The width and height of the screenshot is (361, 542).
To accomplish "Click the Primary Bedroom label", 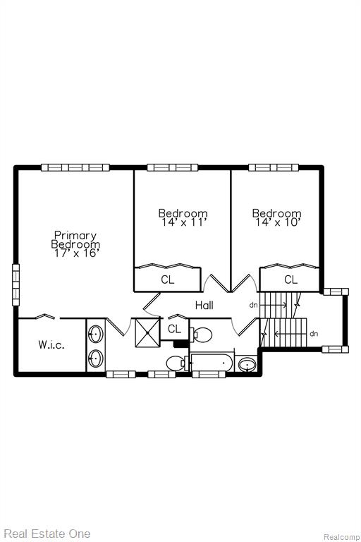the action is coord(75,240).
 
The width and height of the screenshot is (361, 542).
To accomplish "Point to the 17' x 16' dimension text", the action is coord(77,253).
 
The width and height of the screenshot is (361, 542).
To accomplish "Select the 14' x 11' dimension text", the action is coord(184,222).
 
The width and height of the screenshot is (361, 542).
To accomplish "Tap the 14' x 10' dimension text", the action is coord(277,222).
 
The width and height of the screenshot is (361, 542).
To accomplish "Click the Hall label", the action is coord(204,305).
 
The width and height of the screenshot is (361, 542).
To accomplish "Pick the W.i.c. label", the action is coord(51,344).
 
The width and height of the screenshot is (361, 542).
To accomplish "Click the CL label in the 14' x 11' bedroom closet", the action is coord(168,279).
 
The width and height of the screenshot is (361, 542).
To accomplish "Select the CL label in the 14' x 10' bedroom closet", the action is coord(291,279).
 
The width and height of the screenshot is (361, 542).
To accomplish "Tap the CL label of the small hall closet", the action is coord(174,329).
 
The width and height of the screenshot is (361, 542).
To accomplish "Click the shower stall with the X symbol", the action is coord(147,332).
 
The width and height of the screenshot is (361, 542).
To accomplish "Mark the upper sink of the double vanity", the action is coord(96,334).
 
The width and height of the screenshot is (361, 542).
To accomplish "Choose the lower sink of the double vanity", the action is coord(96,359).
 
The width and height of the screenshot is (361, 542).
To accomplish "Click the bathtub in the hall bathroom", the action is coord(212,363).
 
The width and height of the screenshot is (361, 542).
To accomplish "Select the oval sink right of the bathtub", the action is coord(247,365).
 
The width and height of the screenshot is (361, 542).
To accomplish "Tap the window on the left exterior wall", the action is coord(16,285).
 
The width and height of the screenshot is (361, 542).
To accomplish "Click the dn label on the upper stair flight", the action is coord(254,306).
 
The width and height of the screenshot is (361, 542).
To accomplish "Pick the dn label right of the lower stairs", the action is coord(314,334).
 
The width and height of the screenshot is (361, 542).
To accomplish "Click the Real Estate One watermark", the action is coord(47,534).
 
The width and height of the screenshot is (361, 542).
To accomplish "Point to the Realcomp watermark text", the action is coord(341,537).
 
